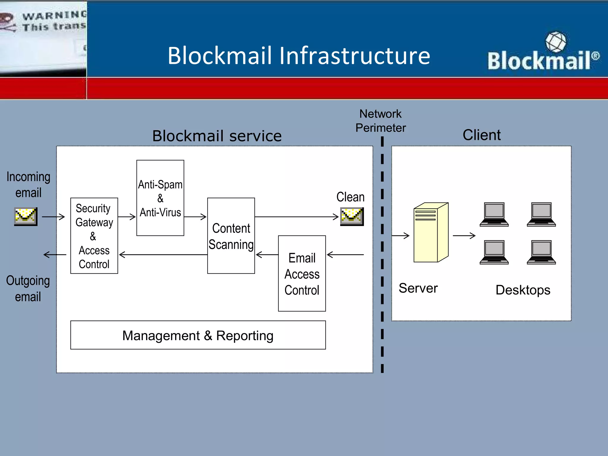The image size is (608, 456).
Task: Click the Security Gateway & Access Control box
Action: coord(94,236)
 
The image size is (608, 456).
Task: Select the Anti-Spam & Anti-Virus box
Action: coord(160,198)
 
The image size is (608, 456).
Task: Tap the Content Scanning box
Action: coord(231,236)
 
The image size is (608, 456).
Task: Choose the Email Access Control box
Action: coord(302,273)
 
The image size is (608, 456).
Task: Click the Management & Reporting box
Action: coord(198,335)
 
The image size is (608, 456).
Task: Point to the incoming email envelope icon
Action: coord(26,216)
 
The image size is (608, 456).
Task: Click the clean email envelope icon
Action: coord(352,216)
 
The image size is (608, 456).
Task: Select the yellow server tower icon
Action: coord(431,232)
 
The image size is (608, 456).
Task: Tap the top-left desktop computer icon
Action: coord(494,214)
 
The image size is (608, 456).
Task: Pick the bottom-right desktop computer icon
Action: coord(541,252)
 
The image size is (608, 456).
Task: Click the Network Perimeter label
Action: coord(381,121)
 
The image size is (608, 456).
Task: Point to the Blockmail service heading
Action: coord(217,136)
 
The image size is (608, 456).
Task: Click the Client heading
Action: coord(482,135)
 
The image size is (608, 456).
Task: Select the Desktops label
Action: coord(523,290)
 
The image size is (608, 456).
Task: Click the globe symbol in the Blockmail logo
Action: coord(555,42)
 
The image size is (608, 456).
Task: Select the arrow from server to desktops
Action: coord(464,236)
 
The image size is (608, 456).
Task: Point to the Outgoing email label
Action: coord(28,289)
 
